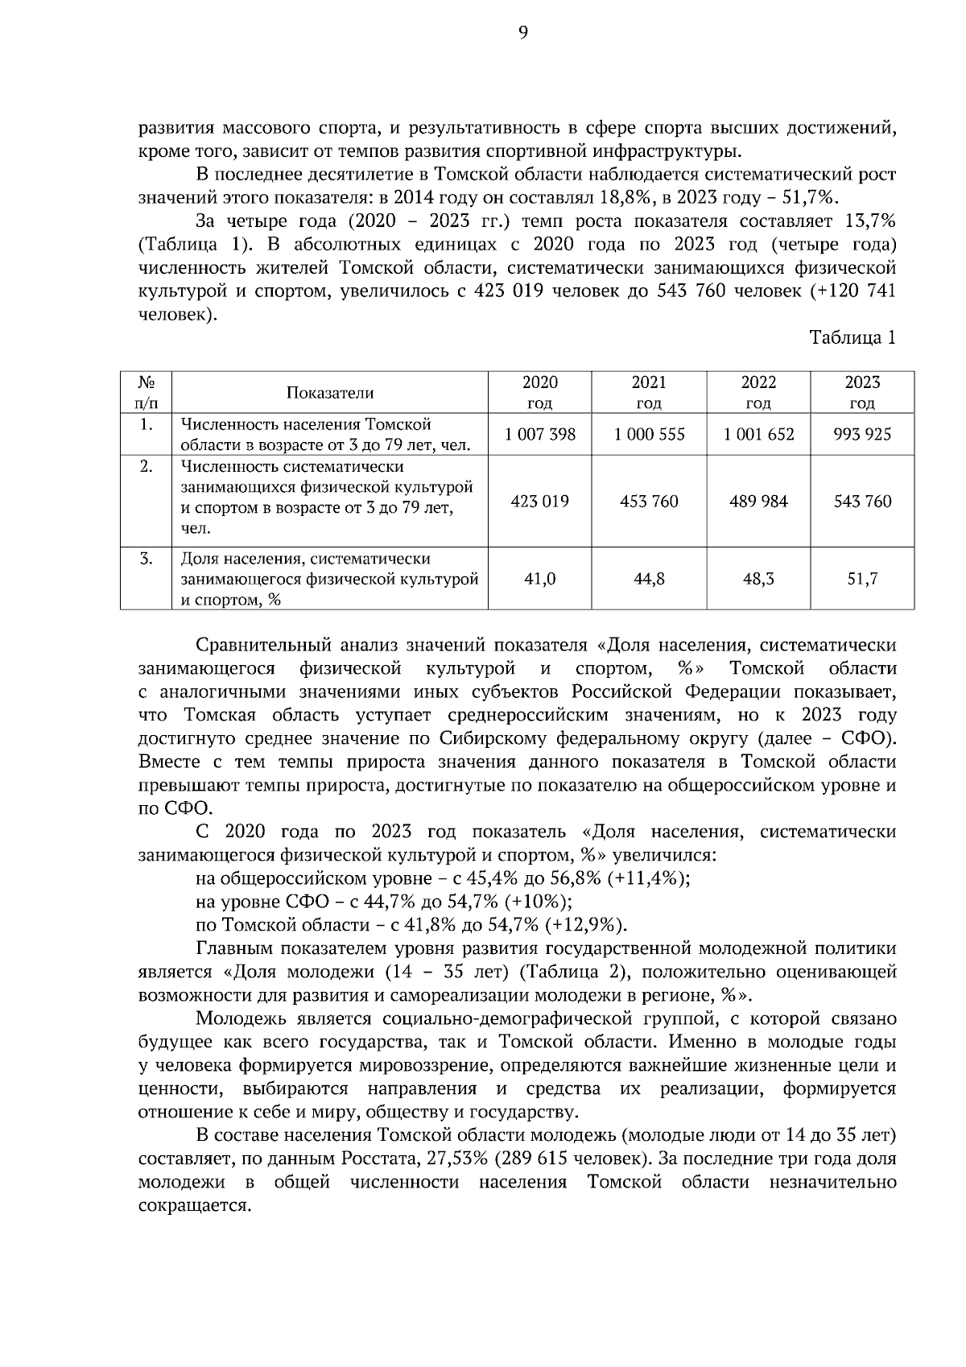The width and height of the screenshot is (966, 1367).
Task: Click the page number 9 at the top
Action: [x=523, y=32]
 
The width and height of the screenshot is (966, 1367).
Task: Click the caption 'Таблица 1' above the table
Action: [x=852, y=338]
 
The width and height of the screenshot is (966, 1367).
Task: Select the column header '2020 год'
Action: [x=539, y=392]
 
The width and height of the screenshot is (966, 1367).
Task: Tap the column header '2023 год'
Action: [x=862, y=392]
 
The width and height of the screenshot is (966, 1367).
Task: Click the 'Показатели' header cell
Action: [x=330, y=393]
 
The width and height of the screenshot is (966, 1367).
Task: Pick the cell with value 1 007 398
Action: [x=540, y=435]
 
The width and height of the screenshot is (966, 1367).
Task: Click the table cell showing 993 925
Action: [x=862, y=435]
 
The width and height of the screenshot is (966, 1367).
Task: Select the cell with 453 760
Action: [x=649, y=502]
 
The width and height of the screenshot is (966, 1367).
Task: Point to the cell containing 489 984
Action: [x=758, y=502]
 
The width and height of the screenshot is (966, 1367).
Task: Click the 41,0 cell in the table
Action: [x=540, y=579]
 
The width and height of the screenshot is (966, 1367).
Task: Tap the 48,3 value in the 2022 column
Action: [x=758, y=579]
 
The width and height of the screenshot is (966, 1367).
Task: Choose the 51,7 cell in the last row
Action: [x=862, y=579]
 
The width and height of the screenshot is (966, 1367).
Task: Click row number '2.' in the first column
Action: [x=146, y=467]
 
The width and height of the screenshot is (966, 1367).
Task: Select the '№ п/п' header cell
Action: [x=146, y=392]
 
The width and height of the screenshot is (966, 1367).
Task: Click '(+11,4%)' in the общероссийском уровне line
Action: [x=649, y=878]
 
